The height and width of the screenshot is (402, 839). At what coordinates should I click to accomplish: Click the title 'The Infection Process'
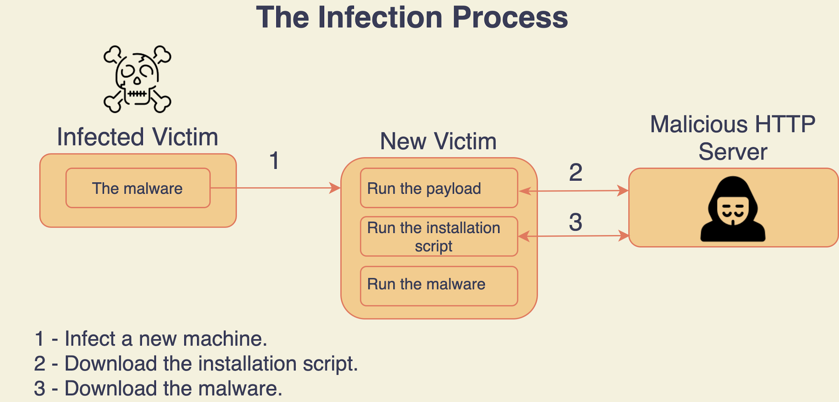(412, 17)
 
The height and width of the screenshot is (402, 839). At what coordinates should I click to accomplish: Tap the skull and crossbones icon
(137, 79)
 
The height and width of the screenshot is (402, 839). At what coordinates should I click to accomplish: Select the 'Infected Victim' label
(138, 137)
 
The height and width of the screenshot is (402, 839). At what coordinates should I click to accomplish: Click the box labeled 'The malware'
(138, 188)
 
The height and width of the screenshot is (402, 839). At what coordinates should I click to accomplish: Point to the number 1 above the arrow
(274, 161)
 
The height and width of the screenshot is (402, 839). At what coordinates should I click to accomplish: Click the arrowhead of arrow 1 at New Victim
(335, 188)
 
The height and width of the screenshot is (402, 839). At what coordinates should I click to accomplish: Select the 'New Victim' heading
(438, 141)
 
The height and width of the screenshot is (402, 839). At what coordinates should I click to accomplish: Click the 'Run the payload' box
(439, 188)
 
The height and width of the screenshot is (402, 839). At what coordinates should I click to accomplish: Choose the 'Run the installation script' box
(439, 236)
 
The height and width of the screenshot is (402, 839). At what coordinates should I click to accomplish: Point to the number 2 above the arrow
(575, 173)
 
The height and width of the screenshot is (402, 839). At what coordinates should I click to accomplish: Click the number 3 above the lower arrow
(575, 222)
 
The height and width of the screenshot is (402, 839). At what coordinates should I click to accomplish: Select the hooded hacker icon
(733, 210)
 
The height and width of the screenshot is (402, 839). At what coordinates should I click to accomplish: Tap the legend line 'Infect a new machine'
(151, 339)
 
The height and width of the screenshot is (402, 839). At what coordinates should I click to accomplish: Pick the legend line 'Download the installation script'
(196, 363)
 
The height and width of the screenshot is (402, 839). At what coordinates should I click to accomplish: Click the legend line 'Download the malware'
(158, 388)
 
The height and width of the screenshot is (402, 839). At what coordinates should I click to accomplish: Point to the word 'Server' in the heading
(733, 152)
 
